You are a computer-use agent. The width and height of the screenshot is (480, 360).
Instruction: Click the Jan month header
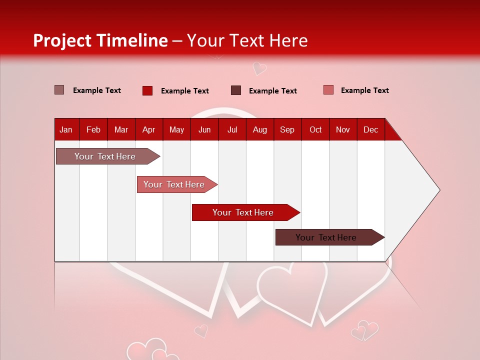66,130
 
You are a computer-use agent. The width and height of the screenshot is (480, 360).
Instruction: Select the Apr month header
148,130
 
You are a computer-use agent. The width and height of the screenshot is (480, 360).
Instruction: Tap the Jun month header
204,130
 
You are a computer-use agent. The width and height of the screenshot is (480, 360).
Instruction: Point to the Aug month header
259,130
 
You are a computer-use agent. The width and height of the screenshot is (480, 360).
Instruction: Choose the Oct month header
315,130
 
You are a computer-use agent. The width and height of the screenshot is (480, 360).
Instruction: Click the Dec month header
370,130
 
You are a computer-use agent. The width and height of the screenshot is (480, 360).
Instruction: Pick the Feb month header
93,130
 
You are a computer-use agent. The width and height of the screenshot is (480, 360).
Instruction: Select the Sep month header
287,130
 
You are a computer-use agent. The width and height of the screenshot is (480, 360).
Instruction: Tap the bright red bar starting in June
243,212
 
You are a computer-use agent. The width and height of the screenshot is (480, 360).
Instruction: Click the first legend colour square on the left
59,90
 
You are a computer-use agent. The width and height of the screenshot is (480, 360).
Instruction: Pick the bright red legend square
147,90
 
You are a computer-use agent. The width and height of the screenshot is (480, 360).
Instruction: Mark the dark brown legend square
236,90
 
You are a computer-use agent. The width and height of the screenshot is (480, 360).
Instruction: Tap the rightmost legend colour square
328,90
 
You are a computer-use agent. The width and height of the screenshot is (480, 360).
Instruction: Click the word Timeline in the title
131,40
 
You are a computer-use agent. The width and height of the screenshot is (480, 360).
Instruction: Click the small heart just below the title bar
259,68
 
